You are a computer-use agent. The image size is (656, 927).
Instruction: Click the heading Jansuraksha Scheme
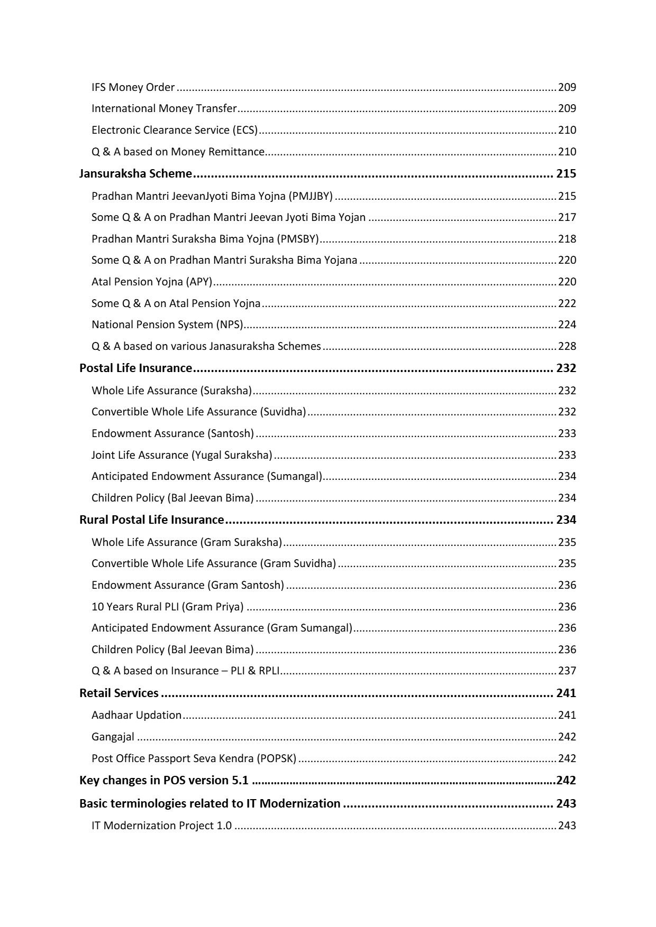(135, 174)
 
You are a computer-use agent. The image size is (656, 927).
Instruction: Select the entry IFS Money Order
(133, 87)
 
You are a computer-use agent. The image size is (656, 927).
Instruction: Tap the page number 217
(567, 217)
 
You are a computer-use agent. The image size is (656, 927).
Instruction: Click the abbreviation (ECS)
(244, 130)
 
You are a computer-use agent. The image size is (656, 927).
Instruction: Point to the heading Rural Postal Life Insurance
(151, 520)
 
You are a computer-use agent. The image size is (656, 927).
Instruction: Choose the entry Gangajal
(113, 737)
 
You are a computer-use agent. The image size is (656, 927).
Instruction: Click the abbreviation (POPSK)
(277, 758)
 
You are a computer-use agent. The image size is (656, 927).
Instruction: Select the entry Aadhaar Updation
(136, 715)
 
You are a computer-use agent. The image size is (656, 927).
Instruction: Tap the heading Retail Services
(119, 693)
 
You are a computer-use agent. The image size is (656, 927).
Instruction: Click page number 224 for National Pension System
(567, 325)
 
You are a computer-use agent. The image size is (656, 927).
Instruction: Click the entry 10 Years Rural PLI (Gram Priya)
(167, 607)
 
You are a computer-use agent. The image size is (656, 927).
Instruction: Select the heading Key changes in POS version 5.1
(164, 781)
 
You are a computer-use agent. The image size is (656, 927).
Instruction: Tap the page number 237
(567, 671)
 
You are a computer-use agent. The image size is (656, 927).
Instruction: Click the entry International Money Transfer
(164, 108)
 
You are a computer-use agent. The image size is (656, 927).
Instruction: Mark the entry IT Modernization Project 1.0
(161, 826)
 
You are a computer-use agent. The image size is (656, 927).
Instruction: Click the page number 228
(567, 346)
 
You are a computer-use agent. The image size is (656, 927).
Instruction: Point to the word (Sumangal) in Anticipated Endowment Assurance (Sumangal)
(295, 476)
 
